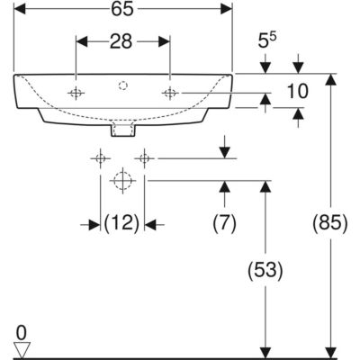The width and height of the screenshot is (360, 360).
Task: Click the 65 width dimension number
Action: click(x=122, y=9)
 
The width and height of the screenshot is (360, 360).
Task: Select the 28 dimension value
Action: click(x=121, y=41)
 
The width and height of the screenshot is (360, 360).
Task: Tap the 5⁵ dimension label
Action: click(x=267, y=40)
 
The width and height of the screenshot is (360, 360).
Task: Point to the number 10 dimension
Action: click(x=298, y=91)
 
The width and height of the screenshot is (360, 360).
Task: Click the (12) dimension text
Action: click(x=121, y=224)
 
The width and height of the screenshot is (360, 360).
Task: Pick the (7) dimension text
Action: click(x=225, y=224)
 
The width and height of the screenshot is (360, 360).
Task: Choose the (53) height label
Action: click(x=265, y=270)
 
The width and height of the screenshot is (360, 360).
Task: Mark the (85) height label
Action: click(x=330, y=224)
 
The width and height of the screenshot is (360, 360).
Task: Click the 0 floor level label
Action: click(x=22, y=333)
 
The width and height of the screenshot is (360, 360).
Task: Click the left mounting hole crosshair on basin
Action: click(x=76, y=94)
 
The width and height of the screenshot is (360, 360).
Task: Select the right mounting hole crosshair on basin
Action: click(x=170, y=94)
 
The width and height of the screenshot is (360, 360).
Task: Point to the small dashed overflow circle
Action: click(x=123, y=85)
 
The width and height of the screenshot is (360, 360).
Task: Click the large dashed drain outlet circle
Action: click(x=122, y=181)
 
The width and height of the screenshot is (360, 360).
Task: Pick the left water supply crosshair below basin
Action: click(x=101, y=158)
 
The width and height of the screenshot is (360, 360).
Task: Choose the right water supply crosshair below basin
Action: click(x=144, y=158)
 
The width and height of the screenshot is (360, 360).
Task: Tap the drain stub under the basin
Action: click(x=123, y=130)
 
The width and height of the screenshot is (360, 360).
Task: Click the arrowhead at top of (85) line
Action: click(x=330, y=79)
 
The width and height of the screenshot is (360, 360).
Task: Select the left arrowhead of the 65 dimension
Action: click(x=20, y=9)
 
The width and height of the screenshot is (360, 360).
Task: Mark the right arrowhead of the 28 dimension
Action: click(x=164, y=41)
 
